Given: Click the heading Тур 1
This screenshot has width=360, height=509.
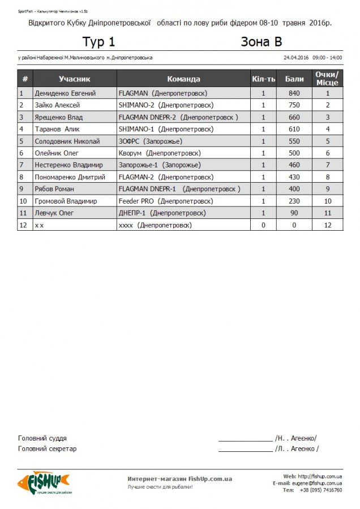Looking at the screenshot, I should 98,42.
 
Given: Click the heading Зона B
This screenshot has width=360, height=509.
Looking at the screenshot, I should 261,42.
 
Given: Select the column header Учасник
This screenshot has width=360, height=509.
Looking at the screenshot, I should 74,79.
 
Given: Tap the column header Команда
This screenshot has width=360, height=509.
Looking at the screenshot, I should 183,79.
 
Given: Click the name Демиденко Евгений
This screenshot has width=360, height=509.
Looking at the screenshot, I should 65,93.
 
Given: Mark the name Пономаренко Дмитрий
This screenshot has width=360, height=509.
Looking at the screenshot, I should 70,177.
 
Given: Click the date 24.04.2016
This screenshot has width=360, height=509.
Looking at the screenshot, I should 295,58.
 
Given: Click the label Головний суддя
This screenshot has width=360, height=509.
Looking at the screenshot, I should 42,438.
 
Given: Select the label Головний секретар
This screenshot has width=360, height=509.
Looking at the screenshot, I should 48,449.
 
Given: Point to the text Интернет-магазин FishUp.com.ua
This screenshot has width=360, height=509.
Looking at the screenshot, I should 180,479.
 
